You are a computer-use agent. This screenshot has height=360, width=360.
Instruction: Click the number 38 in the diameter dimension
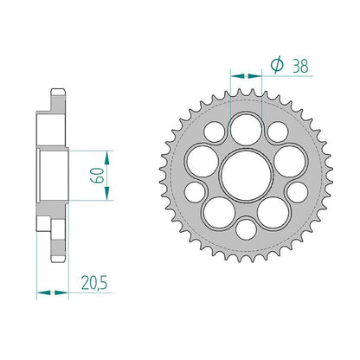coord(300,66)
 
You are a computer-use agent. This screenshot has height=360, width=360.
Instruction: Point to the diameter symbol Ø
coord(276,66)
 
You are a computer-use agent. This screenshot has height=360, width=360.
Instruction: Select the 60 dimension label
coord(97,175)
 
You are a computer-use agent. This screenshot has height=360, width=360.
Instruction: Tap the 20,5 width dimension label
coord(94,283)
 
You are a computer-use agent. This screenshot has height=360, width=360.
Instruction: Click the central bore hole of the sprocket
coord(246,176)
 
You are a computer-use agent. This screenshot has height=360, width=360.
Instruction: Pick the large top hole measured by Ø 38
coord(246,128)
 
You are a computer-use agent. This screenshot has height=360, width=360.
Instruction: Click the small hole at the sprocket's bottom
coord(246,229)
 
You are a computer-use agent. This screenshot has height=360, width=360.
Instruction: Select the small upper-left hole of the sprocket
coord(215,132)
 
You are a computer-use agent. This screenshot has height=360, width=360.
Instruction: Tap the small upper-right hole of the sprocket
coord(278,132)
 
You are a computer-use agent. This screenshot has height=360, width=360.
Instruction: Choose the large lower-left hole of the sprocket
coord(219,213)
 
